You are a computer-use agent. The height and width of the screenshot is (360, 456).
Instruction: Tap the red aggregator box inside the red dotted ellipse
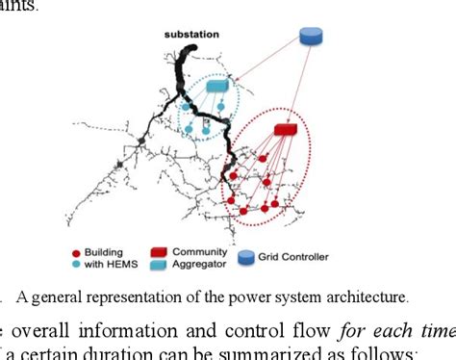pyautogui.click(x=286, y=129)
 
